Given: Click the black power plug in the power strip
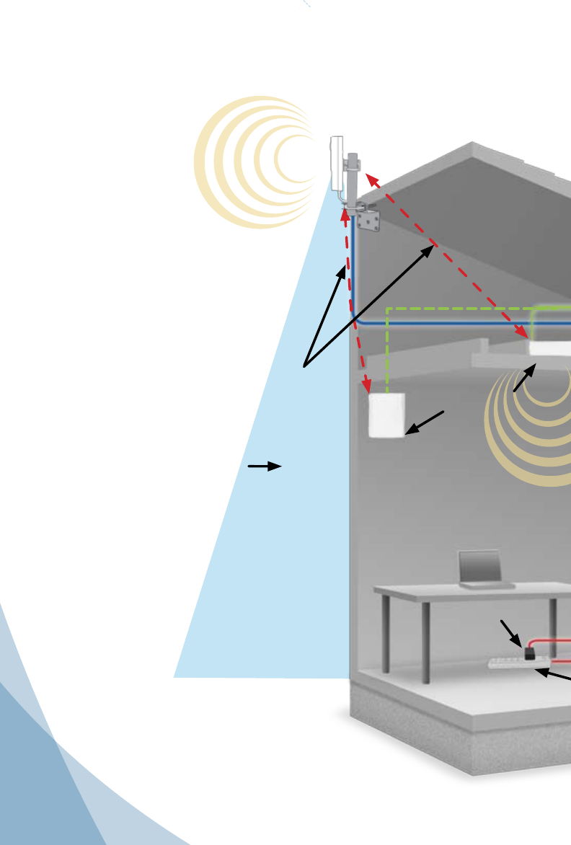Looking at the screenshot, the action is [530, 654].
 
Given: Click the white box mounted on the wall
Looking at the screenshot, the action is [386, 415].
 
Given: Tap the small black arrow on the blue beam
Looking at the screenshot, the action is [264, 466].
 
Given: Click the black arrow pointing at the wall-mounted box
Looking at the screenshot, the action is [425, 422].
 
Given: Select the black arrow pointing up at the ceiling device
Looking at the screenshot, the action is [525, 378].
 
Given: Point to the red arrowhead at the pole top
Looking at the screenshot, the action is [369, 177].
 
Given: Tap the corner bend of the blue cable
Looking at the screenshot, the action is [355, 319].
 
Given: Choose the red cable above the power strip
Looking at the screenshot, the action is [552, 640].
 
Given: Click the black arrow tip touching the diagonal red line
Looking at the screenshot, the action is [433, 247].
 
